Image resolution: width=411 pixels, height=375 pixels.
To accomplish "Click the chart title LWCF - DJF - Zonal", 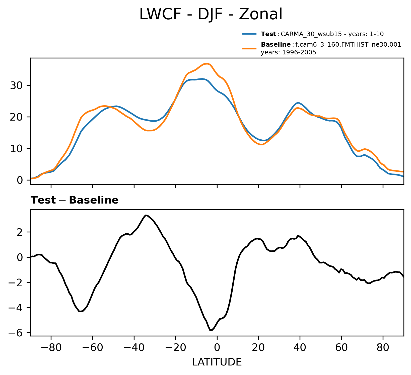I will point(211,15).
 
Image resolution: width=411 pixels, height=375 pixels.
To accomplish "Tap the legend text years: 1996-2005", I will point(288,53).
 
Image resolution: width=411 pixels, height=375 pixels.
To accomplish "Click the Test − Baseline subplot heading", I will point(75,200).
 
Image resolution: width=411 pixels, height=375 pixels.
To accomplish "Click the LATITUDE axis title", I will point(217,362).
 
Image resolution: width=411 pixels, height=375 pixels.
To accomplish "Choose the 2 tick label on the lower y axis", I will point(20,232).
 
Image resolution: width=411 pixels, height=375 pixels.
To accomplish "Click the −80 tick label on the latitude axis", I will point(51,347).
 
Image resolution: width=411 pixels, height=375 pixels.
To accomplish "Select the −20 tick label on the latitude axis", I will point(175,347).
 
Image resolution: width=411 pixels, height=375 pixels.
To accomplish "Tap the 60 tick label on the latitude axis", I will point(341,347).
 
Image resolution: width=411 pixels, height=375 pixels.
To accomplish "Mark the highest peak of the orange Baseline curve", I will point(207,64).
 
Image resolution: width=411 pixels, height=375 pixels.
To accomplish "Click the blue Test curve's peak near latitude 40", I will point(298,103).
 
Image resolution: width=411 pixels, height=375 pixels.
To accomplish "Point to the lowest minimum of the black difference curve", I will point(211,330).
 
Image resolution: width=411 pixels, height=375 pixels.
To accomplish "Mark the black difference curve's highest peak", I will point(146,215).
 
